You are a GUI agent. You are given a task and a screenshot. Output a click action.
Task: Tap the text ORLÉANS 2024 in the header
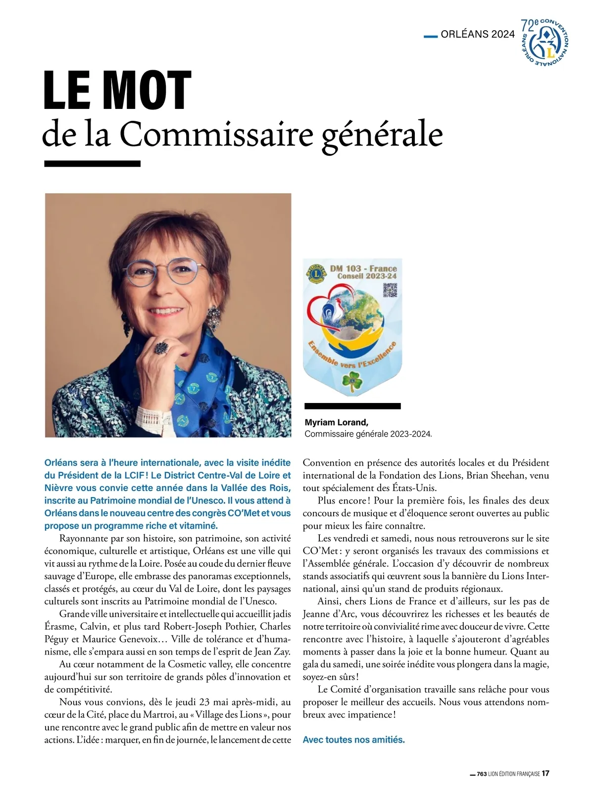point(478,35)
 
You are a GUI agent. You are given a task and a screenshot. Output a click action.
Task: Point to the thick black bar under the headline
point(93,163)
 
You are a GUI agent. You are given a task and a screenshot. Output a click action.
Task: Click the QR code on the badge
point(390,290)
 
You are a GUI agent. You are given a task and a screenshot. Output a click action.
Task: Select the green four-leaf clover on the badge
point(352,382)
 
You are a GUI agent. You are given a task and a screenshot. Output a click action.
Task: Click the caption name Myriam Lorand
point(337,422)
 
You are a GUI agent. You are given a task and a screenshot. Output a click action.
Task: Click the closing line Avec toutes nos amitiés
point(353,740)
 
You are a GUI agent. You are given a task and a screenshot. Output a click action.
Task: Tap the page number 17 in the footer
point(545,773)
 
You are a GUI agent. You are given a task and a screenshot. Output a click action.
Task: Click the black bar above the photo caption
point(352,406)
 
